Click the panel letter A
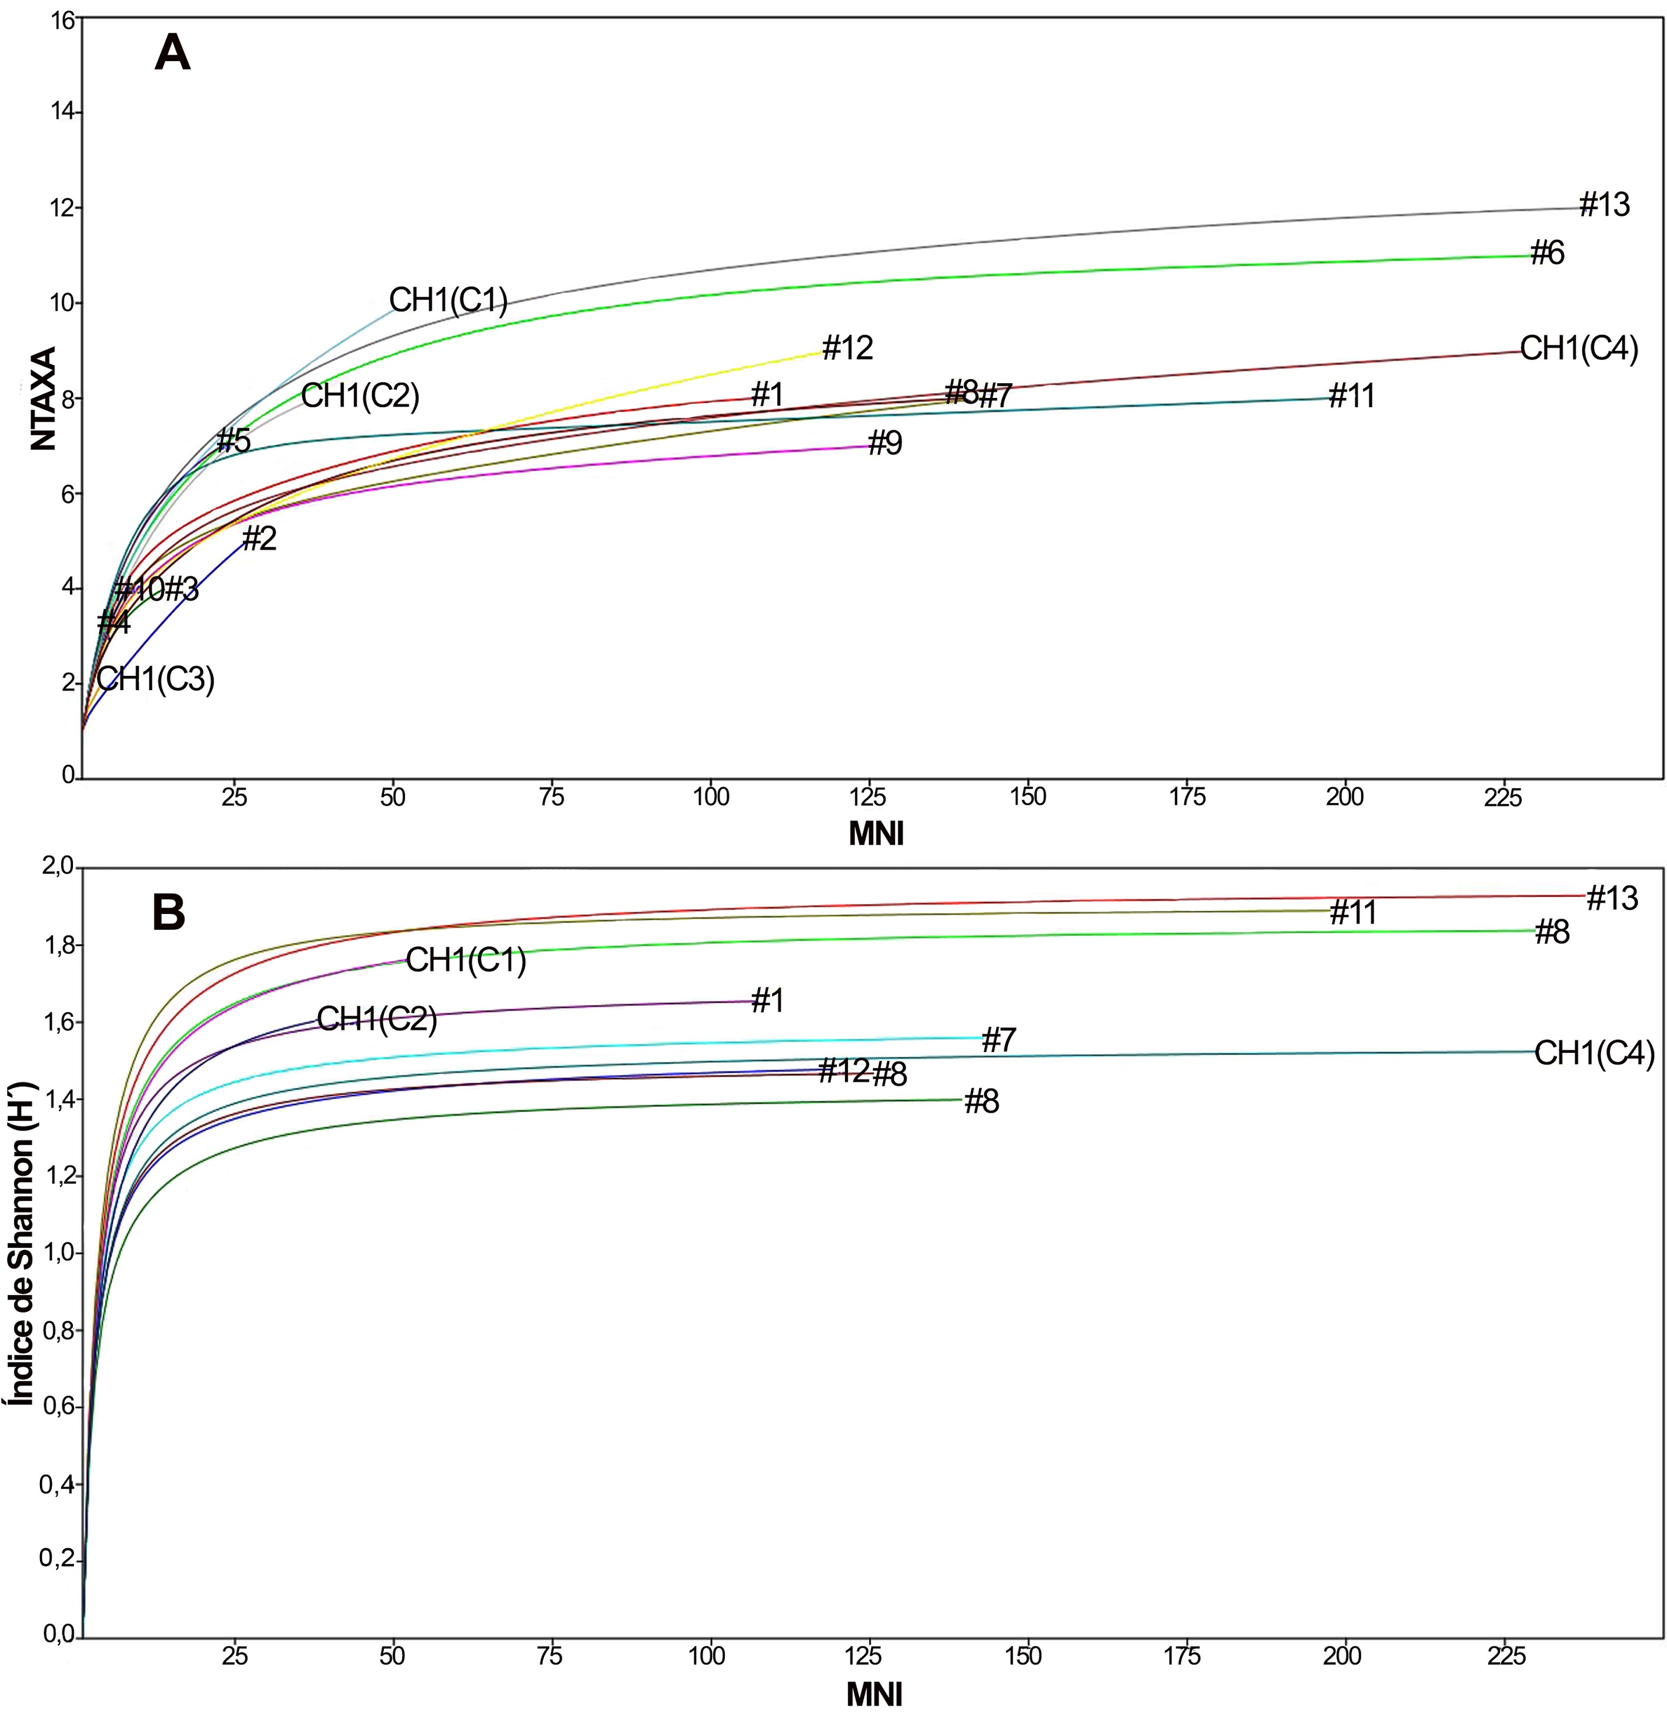coord(172,54)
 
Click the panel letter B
coord(169,913)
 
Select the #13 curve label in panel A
coord(1604,205)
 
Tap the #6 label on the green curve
coord(1547,254)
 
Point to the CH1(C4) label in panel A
coord(1579,349)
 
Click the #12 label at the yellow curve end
coord(847,349)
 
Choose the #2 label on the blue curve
coord(259,538)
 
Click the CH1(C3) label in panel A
coord(156,679)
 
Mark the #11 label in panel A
coord(1352,397)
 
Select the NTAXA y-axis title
coord(44,399)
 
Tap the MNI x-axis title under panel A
coord(876,834)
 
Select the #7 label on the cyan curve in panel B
coord(999,1040)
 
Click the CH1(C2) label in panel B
coord(376,1019)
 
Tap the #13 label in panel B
coord(1612,898)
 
